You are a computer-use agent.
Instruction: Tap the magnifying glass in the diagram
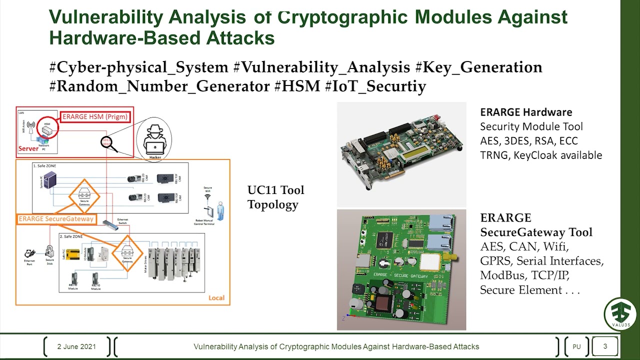[x=108, y=143]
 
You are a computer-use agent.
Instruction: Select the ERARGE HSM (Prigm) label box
[x=95, y=117]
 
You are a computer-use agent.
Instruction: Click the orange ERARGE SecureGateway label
[x=56, y=218]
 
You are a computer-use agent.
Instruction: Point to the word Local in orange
[x=216, y=298]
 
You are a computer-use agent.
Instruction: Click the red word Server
[x=28, y=148]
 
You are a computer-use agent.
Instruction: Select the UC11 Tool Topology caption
[x=275, y=197]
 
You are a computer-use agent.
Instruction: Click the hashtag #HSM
[x=297, y=86]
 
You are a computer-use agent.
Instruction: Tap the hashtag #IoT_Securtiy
[x=375, y=86]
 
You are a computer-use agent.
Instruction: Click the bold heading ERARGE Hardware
[x=526, y=112]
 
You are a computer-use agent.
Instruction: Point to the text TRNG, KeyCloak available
[x=541, y=155]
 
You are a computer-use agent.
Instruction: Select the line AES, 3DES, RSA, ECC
[x=529, y=140]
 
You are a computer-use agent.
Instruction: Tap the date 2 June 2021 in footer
[x=76, y=346]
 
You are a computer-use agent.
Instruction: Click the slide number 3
[x=605, y=346]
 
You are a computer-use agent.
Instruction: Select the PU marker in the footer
[x=576, y=346]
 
